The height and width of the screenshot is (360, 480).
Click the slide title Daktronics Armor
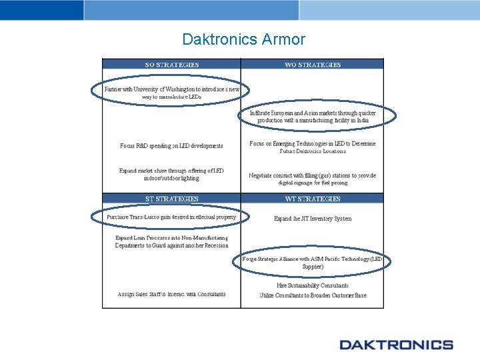click(x=243, y=39)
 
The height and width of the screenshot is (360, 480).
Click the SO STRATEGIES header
click(x=171, y=65)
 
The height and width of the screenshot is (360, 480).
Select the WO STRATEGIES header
click(x=312, y=65)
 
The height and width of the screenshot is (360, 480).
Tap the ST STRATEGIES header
click(x=171, y=199)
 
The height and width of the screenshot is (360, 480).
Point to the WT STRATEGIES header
click(x=312, y=199)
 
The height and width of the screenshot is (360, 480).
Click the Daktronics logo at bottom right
click(x=396, y=345)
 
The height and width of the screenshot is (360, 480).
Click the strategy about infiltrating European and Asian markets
click(x=313, y=117)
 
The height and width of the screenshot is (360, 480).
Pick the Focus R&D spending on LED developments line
click(x=171, y=145)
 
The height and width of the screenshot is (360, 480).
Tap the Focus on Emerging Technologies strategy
click(x=313, y=147)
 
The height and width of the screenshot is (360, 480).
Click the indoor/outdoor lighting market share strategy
click(x=171, y=175)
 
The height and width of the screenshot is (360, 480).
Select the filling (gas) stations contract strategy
click(x=313, y=179)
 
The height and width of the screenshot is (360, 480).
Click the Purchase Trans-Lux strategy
click(x=171, y=217)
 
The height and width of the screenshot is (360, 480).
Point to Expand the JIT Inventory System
click(x=313, y=219)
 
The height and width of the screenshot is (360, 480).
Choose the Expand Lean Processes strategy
click(x=171, y=241)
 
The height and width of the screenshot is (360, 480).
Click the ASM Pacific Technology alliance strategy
click(x=313, y=262)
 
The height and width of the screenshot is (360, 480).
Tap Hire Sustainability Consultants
click(x=313, y=285)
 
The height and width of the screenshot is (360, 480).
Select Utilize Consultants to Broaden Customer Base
click(x=313, y=295)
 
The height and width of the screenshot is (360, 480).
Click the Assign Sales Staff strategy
click(x=171, y=294)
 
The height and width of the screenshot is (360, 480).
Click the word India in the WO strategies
click(x=362, y=121)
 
